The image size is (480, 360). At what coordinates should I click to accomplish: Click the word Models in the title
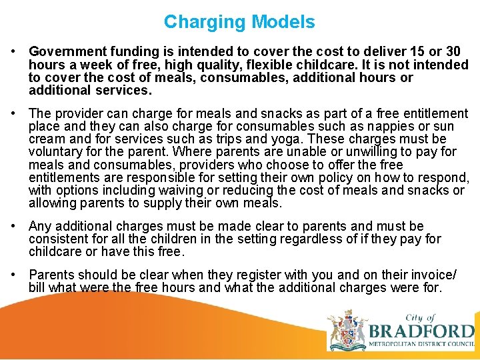click(x=283, y=22)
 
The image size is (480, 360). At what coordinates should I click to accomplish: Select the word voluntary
click(x=59, y=152)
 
